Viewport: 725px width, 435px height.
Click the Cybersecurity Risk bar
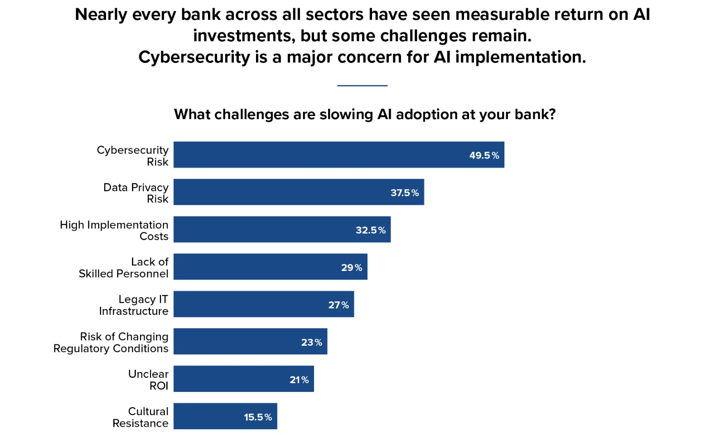pyautogui.click(x=339, y=155)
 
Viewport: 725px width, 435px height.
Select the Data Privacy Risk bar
pyautogui.click(x=299, y=192)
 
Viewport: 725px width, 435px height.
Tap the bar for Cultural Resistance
pyautogui.click(x=225, y=416)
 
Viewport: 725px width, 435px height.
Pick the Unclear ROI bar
pyautogui.click(x=244, y=379)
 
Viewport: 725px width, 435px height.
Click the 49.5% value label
pyautogui.click(x=484, y=155)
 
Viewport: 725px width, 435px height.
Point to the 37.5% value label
pyautogui.click(x=405, y=193)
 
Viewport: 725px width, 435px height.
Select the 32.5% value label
pyautogui.click(x=371, y=230)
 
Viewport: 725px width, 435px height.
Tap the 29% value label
pyautogui.click(x=352, y=268)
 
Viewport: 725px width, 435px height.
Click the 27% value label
pyautogui.click(x=338, y=305)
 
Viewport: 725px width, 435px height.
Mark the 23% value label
pyautogui.click(x=312, y=343)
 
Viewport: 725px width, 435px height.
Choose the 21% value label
pyautogui.click(x=300, y=380)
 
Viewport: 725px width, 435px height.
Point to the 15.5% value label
pyautogui.click(x=258, y=417)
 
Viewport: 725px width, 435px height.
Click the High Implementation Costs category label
pyautogui.click(x=114, y=231)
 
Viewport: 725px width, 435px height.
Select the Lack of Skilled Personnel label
pyautogui.click(x=123, y=268)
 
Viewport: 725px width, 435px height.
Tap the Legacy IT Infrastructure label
pyautogui.click(x=134, y=305)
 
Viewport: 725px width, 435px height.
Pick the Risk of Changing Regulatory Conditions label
pyautogui.click(x=111, y=343)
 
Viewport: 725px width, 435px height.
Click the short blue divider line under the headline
pyautogui.click(x=362, y=86)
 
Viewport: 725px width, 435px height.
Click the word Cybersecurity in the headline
pyautogui.click(x=194, y=58)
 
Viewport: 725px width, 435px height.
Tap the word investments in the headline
pyautogui.click(x=244, y=36)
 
